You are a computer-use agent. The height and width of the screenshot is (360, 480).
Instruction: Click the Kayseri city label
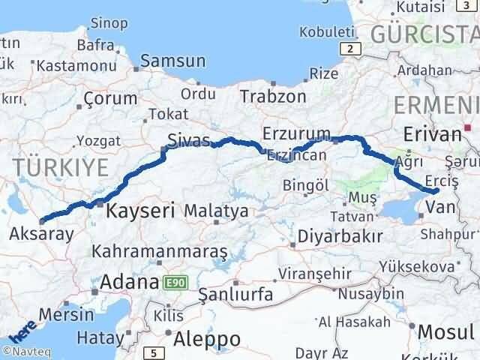tap(140, 211)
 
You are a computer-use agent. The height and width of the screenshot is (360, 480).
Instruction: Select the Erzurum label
tap(297, 133)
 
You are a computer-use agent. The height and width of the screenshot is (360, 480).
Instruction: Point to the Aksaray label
tap(41, 233)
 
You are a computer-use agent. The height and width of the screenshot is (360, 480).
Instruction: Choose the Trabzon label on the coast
tap(273, 96)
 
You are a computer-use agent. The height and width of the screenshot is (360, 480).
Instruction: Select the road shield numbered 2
tap(349, 49)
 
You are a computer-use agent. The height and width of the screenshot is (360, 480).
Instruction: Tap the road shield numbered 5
tap(154, 352)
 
